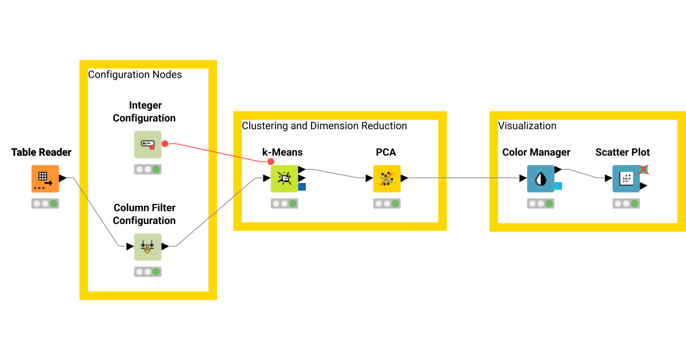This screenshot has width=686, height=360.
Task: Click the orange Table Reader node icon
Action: tap(45, 178)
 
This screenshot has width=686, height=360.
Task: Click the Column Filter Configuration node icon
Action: tap(147, 247)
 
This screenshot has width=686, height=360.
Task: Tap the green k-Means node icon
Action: tap(284, 179)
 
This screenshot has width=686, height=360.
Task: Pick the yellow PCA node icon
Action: tap(386, 179)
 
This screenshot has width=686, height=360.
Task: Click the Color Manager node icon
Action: tap(540, 179)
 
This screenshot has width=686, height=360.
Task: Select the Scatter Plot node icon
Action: tap(626, 179)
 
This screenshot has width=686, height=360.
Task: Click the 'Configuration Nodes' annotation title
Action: tap(135, 75)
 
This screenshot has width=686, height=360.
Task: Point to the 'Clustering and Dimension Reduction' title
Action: tap(324, 126)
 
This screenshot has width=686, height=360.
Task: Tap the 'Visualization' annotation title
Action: tap(527, 126)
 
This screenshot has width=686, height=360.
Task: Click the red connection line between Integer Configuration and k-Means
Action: tap(217, 152)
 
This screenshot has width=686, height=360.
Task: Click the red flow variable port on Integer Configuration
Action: tap(165, 143)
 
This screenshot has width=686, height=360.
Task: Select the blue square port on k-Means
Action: tap(302, 186)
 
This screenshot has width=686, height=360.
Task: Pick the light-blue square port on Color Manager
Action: tap(558, 186)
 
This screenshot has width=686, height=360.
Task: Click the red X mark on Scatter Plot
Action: tap(643, 169)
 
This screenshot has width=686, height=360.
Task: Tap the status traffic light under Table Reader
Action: tap(45, 203)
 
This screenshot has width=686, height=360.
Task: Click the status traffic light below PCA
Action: tap(386, 203)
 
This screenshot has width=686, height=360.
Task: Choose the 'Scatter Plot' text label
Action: tap(623, 153)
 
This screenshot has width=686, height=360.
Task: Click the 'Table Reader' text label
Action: tap(41, 153)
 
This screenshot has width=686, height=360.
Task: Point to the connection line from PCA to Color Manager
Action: tap(463, 178)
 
